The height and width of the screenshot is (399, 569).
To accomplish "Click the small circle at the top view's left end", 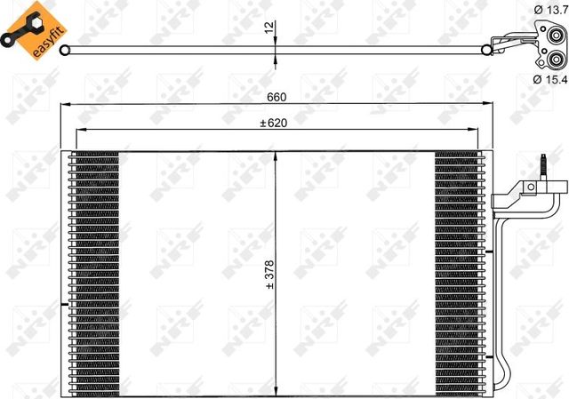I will coord(64,50).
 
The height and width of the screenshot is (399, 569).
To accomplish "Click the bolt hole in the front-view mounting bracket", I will coord(530,188).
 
